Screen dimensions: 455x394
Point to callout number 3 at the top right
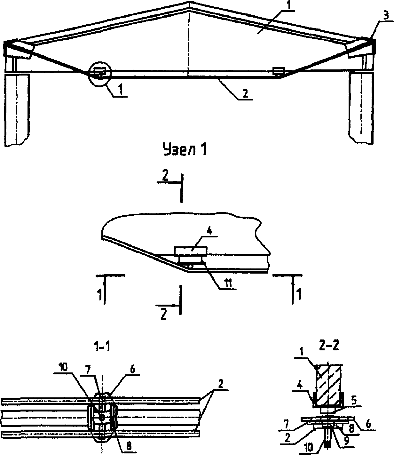[386, 15]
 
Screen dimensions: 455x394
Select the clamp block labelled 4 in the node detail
[191, 251]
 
